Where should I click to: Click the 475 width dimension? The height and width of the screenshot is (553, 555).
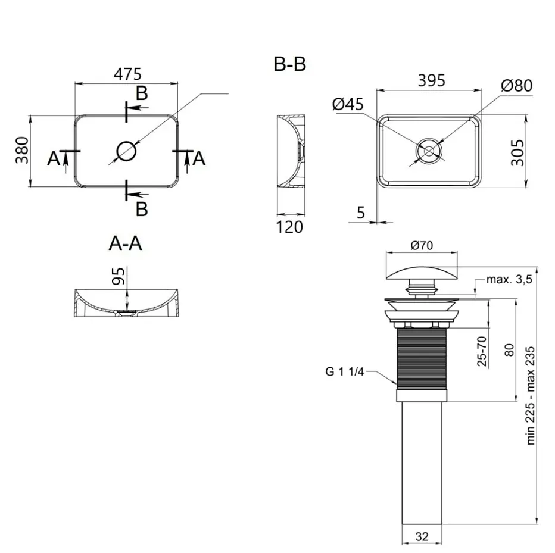(x=127, y=74)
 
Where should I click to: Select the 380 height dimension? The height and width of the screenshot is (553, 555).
(x=22, y=150)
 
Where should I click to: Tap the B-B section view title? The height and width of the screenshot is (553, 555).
(x=290, y=64)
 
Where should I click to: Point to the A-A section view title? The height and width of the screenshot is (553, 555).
(x=125, y=243)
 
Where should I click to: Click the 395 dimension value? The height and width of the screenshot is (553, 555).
(x=432, y=81)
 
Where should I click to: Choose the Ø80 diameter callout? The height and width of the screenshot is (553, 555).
(x=517, y=86)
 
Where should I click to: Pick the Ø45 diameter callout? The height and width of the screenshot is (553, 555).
(x=348, y=104)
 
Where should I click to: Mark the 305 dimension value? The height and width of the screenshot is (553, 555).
(x=517, y=152)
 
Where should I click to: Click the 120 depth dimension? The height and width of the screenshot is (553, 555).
(x=289, y=227)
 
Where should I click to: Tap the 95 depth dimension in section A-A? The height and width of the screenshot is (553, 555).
(x=119, y=276)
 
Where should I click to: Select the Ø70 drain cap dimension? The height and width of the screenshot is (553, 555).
(x=422, y=245)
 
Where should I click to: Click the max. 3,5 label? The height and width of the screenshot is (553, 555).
(x=509, y=280)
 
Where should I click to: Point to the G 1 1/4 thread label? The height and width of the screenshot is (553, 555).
(x=345, y=371)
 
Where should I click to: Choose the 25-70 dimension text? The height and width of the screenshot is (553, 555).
(x=482, y=351)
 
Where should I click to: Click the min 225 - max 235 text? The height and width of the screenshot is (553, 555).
(x=530, y=396)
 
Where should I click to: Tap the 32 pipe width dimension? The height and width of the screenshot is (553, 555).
(x=422, y=537)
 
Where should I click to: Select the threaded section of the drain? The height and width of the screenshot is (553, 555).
(x=422, y=358)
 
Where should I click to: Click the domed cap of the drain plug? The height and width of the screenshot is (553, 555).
(x=422, y=273)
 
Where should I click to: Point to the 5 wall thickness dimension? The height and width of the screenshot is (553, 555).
(x=361, y=213)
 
